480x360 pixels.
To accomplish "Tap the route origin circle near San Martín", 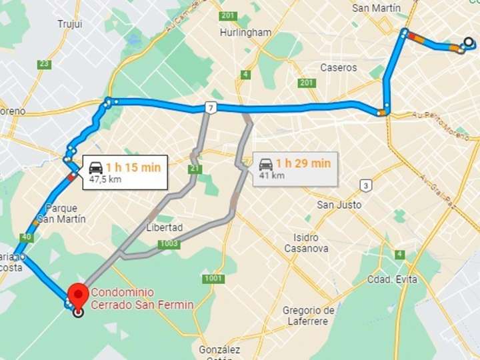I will [x=469, y=43].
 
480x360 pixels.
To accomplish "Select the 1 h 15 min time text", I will [x=133, y=167].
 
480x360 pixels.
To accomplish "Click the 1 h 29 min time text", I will [x=303, y=163].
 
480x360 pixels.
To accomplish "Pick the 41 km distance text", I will [x=271, y=175].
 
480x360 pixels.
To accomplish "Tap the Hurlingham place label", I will [x=245, y=32].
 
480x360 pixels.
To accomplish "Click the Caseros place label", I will [x=339, y=67].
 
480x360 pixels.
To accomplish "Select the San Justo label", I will [x=339, y=205].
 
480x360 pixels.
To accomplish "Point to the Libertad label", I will [x=164, y=227].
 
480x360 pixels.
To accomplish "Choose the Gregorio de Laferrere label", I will [x=308, y=316].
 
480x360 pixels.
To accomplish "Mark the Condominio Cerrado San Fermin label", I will [x=142, y=299].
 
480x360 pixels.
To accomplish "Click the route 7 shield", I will [x=211, y=107].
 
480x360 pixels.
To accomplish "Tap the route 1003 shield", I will [x=169, y=245].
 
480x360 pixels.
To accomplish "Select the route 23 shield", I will [x=45, y=64].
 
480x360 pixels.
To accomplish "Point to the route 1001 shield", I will [x=213, y=278].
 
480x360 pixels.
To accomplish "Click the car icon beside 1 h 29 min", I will [x=266, y=164].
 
